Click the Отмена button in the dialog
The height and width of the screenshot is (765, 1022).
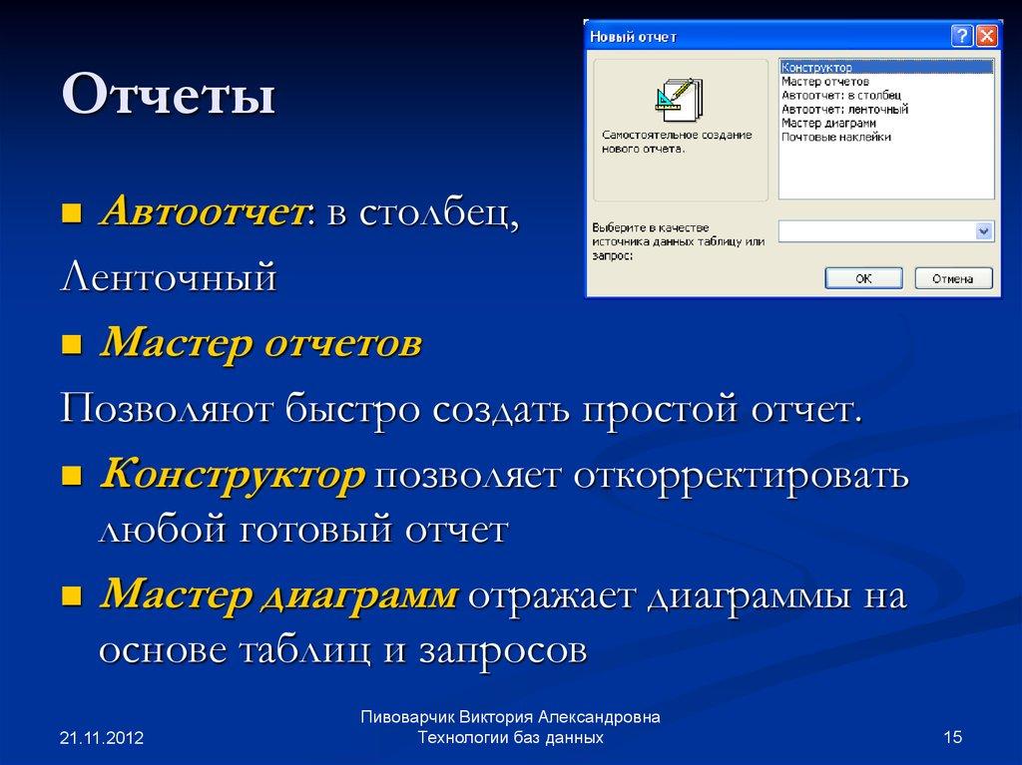[x=952, y=278]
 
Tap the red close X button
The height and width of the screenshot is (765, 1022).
[x=986, y=37]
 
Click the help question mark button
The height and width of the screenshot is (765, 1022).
[x=961, y=37]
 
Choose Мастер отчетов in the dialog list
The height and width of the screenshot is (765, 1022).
[x=824, y=81]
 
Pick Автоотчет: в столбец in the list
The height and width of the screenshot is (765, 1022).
[x=841, y=95]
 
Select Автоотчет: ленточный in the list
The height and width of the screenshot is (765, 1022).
[x=844, y=109]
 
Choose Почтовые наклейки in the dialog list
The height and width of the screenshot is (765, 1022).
[x=836, y=137]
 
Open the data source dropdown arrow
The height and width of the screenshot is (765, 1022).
[x=984, y=231]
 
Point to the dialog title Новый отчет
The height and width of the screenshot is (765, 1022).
[x=634, y=37]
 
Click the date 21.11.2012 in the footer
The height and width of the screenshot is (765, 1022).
[x=102, y=738]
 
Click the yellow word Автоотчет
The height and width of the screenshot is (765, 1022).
[x=201, y=211]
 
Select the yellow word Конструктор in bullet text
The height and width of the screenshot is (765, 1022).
[x=232, y=476]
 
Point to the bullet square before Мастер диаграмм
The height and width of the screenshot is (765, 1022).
[x=71, y=597]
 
